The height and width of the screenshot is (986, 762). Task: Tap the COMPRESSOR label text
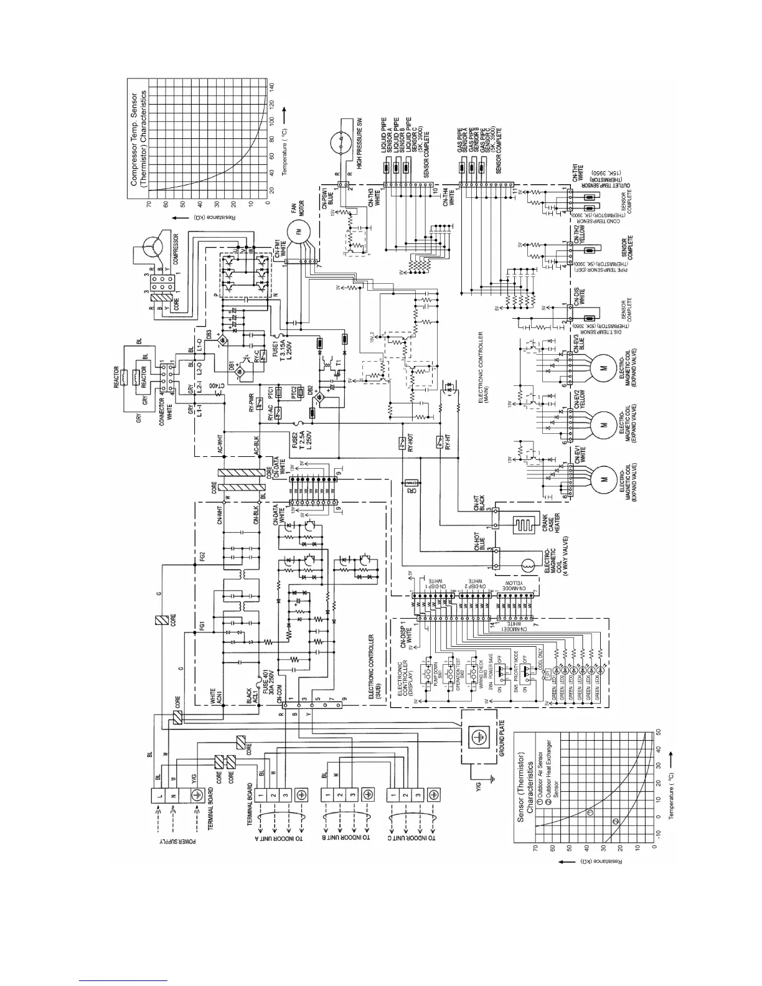[176, 250]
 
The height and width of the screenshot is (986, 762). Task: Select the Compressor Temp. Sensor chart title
[138, 139]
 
